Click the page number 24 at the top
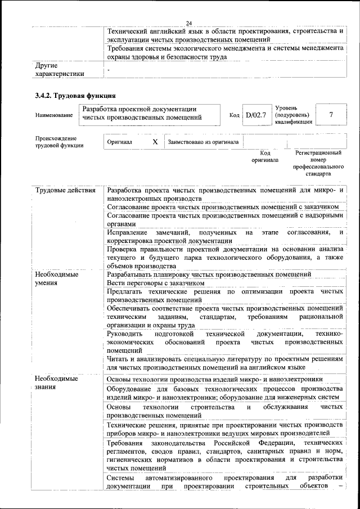click(x=190, y=22)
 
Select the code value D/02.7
click(x=255, y=115)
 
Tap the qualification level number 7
click(x=331, y=115)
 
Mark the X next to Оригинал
click(x=155, y=142)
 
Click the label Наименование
click(x=54, y=115)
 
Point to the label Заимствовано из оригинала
click(x=203, y=142)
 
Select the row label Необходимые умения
click(x=56, y=278)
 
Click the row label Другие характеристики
click(x=60, y=69)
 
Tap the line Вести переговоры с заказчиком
click(x=155, y=283)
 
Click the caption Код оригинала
click(x=265, y=156)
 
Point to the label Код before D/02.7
click(x=235, y=115)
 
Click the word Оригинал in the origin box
click(x=119, y=142)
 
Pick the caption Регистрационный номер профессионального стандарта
click(x=318, y=163)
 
